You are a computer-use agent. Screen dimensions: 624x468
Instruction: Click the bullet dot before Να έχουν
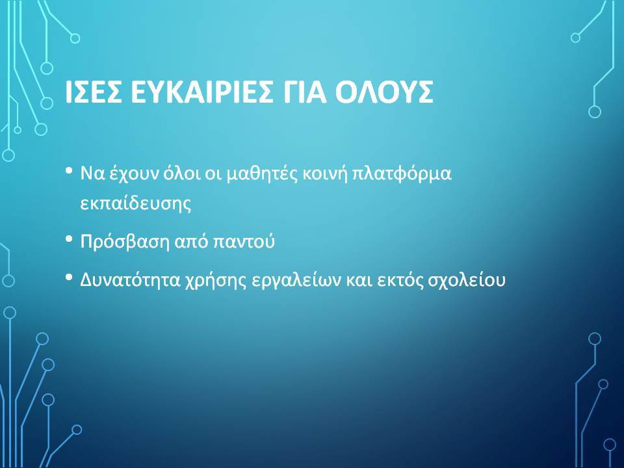pyautogui.click(x=69, y=171)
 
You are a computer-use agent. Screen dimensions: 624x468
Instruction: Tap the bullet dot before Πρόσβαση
pyautogui.click(x=69, y=239)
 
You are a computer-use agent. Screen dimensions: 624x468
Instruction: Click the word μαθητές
pyautogui.click(x=262, y=174)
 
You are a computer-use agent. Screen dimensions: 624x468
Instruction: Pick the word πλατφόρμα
pyautogui.click(x=402, y=174)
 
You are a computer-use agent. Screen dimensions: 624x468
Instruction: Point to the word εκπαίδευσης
pyautogui.click(x=136, y=203)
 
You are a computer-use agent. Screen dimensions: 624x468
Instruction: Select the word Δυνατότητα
pyautogui.click(x=131, y=279)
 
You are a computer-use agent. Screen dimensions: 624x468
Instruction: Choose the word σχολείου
pyautogui.click(x=467, y=279)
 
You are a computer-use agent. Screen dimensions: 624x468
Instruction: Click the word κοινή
pyautogui.click(x=326, y=174)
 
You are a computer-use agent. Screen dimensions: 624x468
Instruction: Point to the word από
pyautogui.click(x=192, y=242)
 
